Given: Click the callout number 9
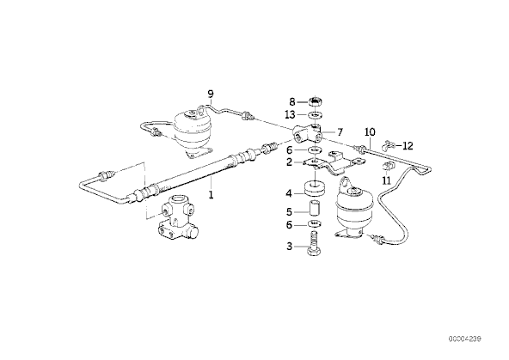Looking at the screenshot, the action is click(211, 95).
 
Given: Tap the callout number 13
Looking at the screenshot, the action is click(290, 114).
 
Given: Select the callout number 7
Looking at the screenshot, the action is click(340, 132).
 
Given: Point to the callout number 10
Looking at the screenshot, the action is click(370, 132).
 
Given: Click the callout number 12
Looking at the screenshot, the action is click(408, 145).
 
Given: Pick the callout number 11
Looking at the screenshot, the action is click(386, 180).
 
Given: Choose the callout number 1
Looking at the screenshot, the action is click(211, 195).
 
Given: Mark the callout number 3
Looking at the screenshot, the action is click(289, 247).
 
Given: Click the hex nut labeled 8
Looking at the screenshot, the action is click(314, 102).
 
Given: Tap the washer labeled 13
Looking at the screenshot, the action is click(314, 115).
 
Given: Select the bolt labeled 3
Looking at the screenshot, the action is click(314, 244).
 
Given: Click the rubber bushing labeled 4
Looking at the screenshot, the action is click(314, 189).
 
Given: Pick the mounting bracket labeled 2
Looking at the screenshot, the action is click(333, 164).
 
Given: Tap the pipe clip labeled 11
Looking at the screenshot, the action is click(387, 166).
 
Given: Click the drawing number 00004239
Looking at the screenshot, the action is click(465, 339).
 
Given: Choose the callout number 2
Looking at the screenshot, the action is click(289, 162).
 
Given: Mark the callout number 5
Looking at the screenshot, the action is click(289, 211).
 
